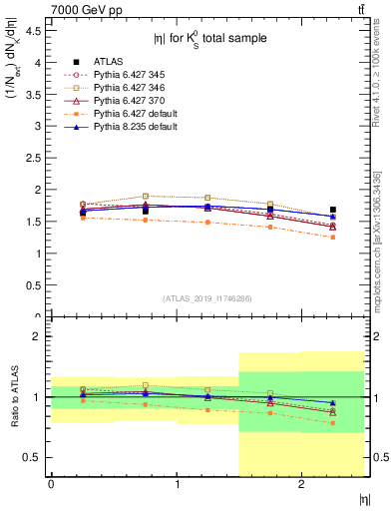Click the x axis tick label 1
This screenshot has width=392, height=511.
(x=177, y=484)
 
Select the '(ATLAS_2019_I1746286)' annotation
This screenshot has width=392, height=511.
(x=206, y=298)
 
